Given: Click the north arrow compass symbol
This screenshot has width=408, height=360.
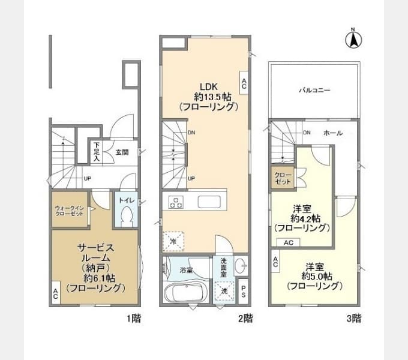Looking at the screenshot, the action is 353,40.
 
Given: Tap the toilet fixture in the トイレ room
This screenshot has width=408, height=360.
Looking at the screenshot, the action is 127,215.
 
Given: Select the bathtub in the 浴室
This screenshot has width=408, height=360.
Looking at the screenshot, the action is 184,292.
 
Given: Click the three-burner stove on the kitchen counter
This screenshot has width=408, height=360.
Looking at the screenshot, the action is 176,203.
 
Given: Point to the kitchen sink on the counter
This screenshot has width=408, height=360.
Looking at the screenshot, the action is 209,202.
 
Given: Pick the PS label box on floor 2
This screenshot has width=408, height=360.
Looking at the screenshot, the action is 243,292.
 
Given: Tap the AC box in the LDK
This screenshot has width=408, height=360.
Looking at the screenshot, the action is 244,83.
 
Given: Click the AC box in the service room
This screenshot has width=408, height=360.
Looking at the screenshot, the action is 56,293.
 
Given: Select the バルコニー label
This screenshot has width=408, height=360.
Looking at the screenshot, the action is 314,90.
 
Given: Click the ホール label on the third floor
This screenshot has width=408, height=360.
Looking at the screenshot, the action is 333,133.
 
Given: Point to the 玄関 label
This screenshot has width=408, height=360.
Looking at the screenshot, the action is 122,152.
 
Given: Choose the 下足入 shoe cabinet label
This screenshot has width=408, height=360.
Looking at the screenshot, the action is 97,152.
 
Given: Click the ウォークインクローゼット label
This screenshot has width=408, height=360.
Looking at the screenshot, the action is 69,211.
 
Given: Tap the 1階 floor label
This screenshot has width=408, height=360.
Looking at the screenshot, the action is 134,318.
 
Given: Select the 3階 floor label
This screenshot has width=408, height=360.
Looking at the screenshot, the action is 354,318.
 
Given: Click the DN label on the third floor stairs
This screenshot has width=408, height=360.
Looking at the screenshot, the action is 307,133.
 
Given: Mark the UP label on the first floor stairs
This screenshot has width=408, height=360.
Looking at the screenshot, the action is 88,179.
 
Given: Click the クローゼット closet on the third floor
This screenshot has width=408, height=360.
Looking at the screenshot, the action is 283,178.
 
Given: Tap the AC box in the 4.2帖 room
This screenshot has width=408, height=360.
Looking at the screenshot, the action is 289,242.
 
